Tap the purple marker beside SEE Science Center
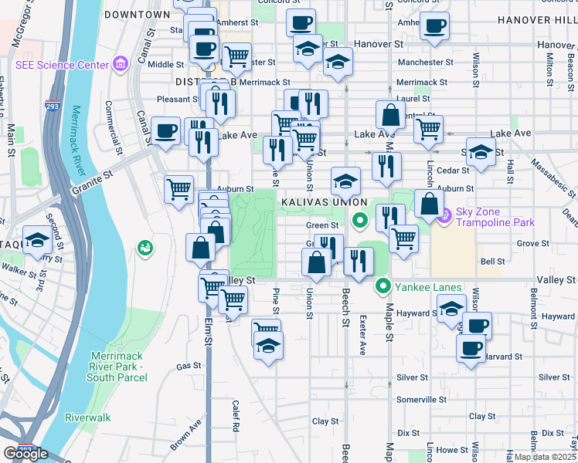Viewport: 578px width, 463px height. click(x=120, y=63)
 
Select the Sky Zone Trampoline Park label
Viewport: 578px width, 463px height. click(x=488, y=218)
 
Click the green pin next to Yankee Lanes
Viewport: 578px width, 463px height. click(x=382, y=288)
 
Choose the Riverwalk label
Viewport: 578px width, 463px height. click(x=88, y=417)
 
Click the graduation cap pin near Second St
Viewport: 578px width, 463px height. click(x=36, y=240)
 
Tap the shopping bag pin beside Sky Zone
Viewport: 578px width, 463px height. click(x=429, y=204)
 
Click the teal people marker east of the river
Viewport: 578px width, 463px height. click(x=144, y=248)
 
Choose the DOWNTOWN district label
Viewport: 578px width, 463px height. click(x=137, y=15)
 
